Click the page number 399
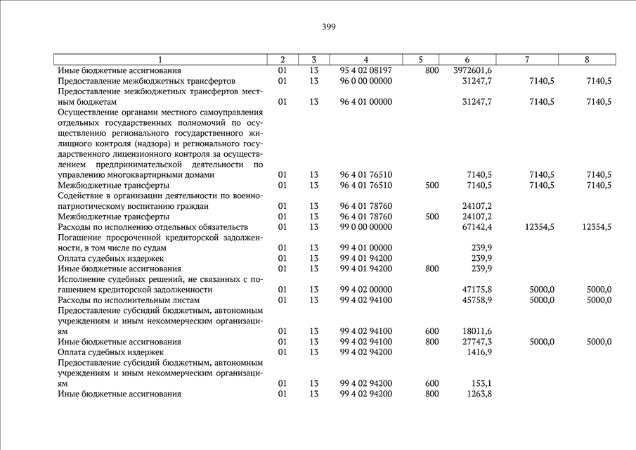[x=329, y=27]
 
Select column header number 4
[x=366, y=60]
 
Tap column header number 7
[x=526, y=60]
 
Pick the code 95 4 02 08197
[x=365, y=71]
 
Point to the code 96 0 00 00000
[x=365, y=82]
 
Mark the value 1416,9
[x=479, y=352]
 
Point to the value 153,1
[x=481, y=383]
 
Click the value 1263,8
[x=479, y=394]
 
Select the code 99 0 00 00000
[x=365, y=227]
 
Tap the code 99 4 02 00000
[x=365, y=290]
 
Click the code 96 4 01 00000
[x=365, y=102]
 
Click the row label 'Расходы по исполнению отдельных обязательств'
[x=152, y=227]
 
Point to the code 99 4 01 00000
[x=365, y=248]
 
